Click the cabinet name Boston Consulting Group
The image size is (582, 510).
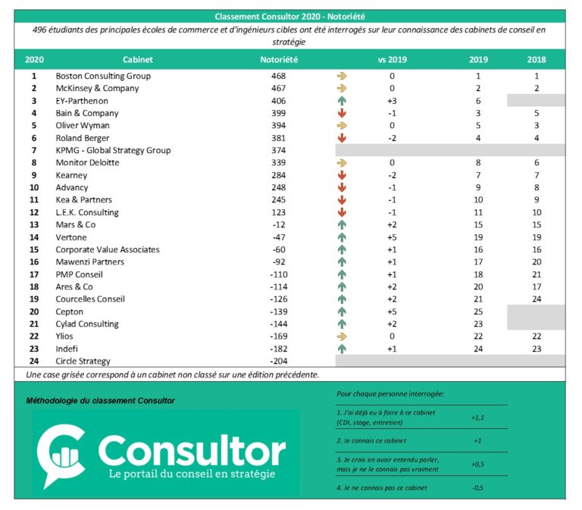click(x=103, y=77)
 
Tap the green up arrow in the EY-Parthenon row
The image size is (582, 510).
click(x=342, y=101)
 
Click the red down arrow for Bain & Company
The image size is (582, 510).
click(x=342, y=114)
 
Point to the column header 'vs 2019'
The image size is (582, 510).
click(x=392, y=59)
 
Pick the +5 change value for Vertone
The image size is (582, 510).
click(x=392, y=237)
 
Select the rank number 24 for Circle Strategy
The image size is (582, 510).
click(x=34, y=361)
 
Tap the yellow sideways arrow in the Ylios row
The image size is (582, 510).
click(x=342, y=336)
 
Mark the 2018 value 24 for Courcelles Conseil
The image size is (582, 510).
click(x=537, y=299)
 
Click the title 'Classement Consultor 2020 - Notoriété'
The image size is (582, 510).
click(x=290, y=16)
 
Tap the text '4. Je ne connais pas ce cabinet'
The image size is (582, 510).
click(x=382, y=487)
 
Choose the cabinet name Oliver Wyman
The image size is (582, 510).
click(x=84, y=126)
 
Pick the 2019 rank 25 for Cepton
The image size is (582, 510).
click(x=478, y=311)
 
